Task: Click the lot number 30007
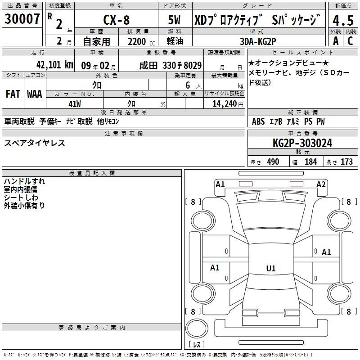[22, 19]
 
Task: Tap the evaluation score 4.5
[342, 21]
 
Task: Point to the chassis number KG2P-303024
[303, 143]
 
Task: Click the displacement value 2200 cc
[138, 41]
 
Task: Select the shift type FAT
[13, 94]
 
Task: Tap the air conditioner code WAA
[35, 94]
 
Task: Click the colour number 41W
[74, 104]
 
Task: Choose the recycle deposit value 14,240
[223, 104]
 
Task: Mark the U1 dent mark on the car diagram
[270, 269]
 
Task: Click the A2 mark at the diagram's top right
[321, 184]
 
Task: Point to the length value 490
[273, 162]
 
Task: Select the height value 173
[346, 162]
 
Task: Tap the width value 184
[310, 162]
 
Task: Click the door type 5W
[175, 21]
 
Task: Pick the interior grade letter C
[350, 41]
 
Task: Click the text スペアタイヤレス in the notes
[35, 143]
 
